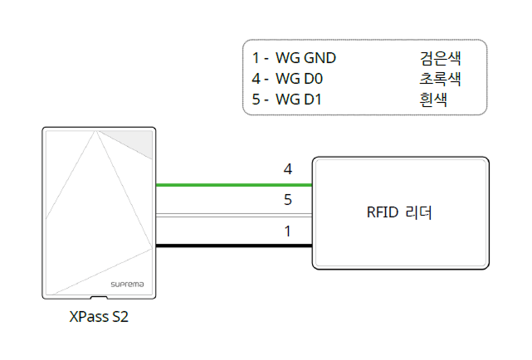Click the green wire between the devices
[x=233, y=185]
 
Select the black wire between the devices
[x=233, y=246]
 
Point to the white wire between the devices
[x=233, y=216]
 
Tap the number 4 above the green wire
[x=288, y=169]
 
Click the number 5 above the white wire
[x=288, y=200]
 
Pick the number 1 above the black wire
[x=288, y=231]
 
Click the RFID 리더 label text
[x=401, y=213]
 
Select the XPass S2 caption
[x=99, y=318]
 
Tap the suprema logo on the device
[x=128, y=284]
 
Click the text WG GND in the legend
[x=305, y=58]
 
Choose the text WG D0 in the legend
[x=301, y=79]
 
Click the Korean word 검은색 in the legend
[x=441, y=58]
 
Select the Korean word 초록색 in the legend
[x=441, y=79]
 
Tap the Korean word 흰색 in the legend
[x=434, y=100]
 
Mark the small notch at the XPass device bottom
[x=99, y=295]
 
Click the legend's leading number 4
[x=256, y=79]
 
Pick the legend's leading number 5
[x=256, y=100]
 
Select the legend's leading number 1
[x=256, y=58]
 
